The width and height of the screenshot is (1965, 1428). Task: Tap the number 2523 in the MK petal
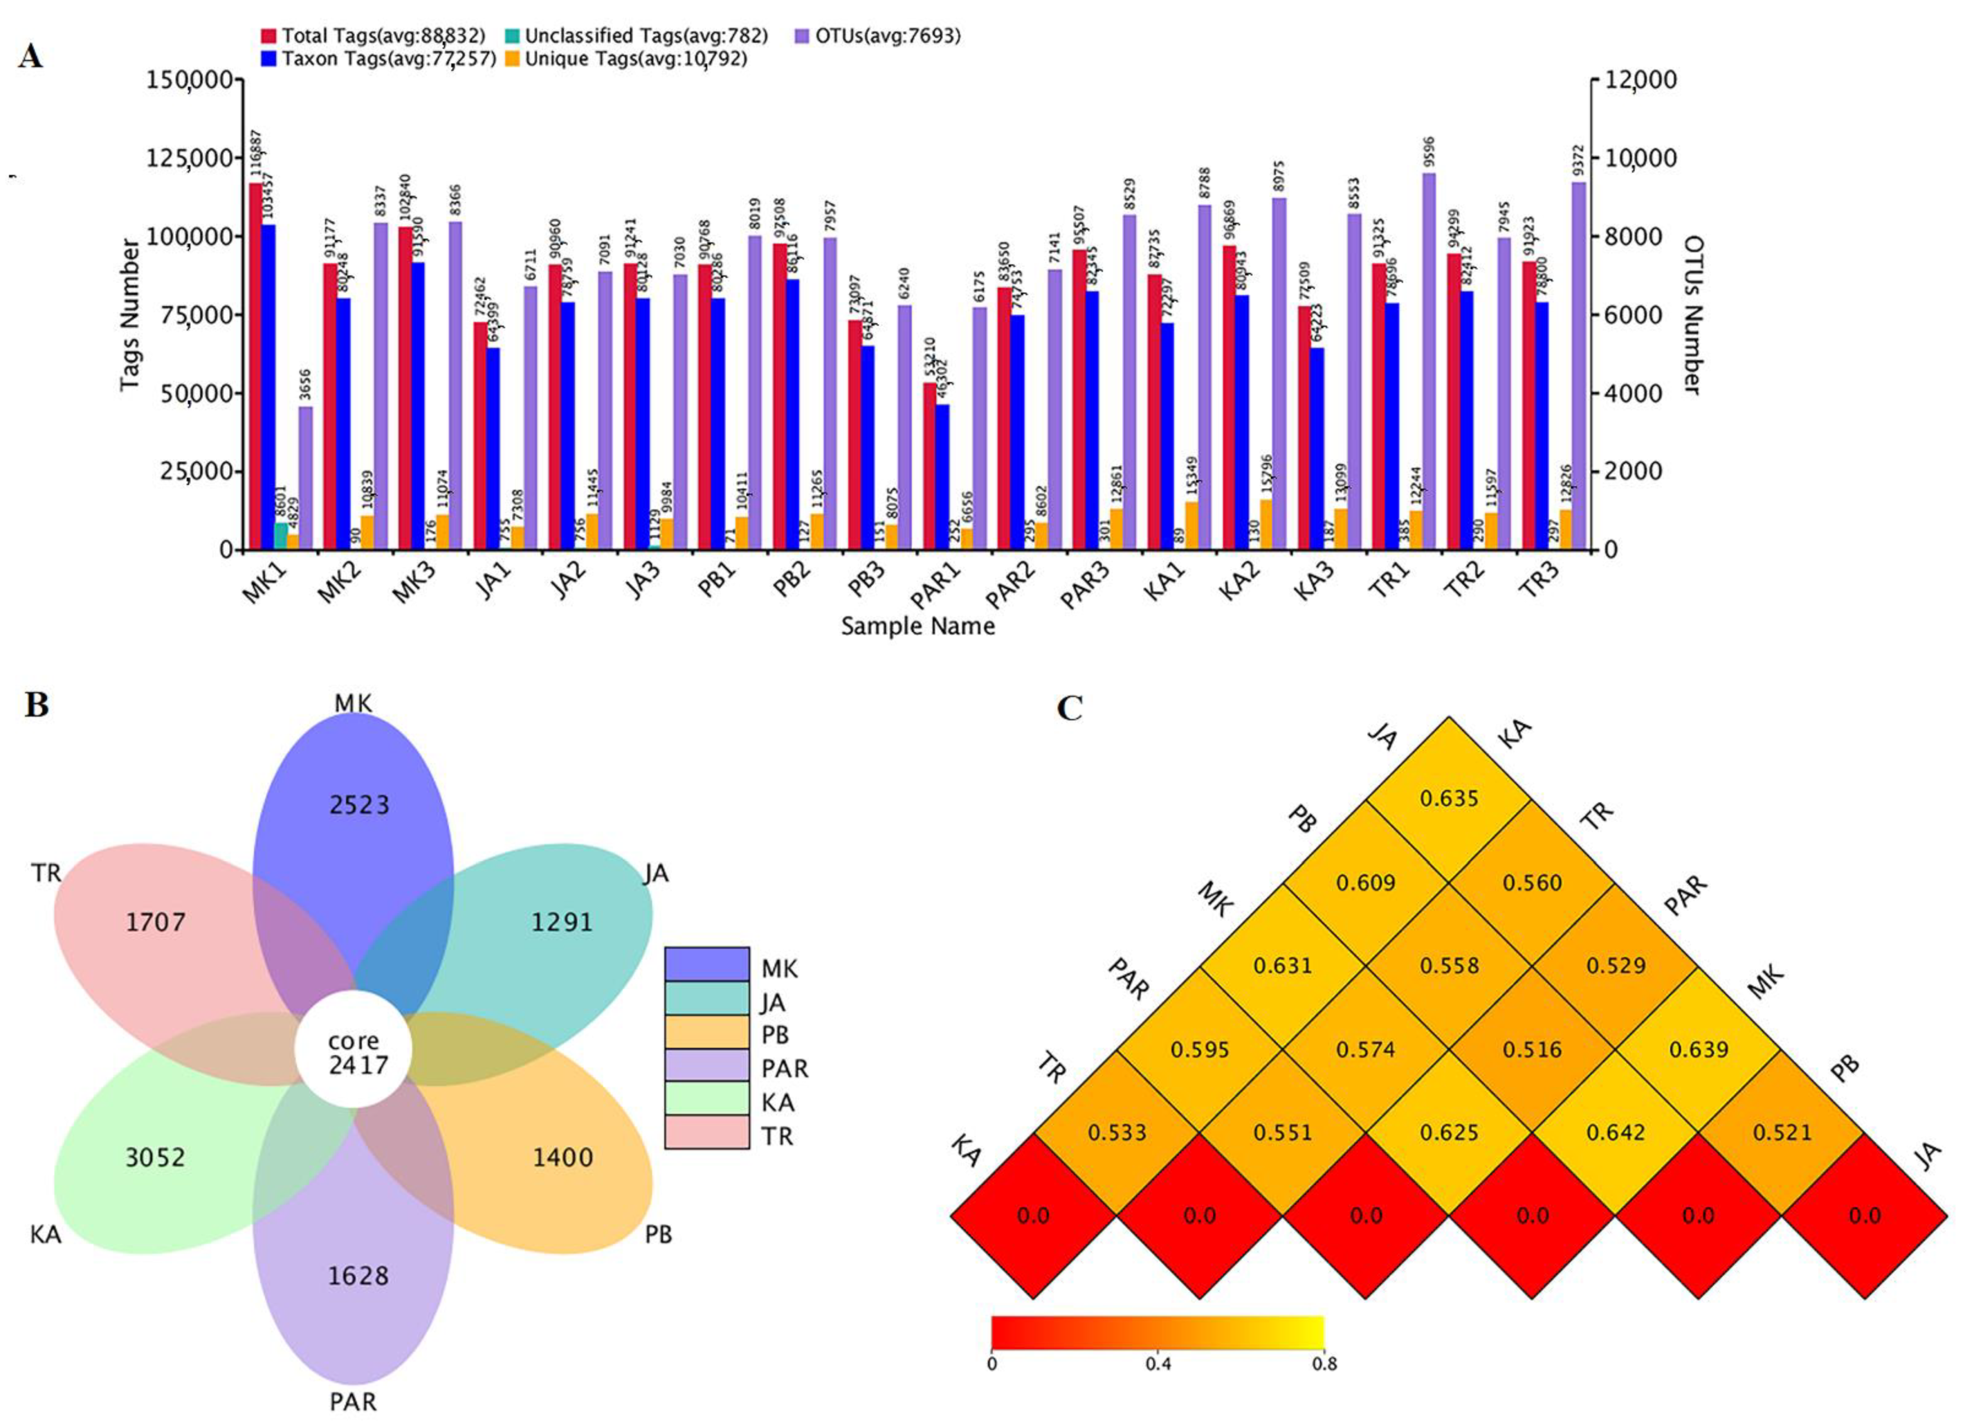(x=360, y=805)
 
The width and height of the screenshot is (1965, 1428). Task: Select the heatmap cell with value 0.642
(x=1616, y=1133)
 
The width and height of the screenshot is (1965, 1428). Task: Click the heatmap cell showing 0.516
(x=1532, y=1049)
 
